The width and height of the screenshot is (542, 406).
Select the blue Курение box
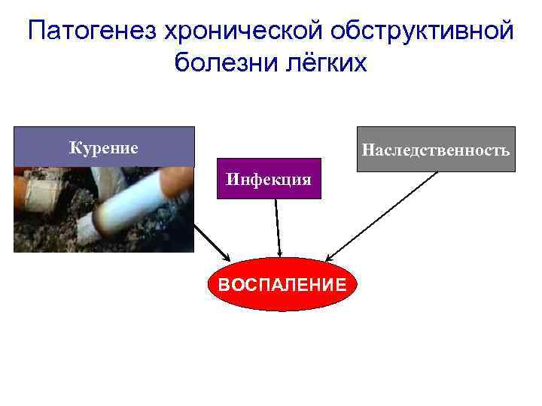pyautogui.click(x=104, y=147)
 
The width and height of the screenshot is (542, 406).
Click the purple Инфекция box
pyautogui.click(x=269, y=179)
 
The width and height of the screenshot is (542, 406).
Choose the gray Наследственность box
pyautogui.click(x=435, y=150)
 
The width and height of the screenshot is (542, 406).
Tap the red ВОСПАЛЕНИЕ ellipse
pyautogui.click(x=281, y=284)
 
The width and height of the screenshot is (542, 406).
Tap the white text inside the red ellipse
pyautogui.click(x=281, y=285)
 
